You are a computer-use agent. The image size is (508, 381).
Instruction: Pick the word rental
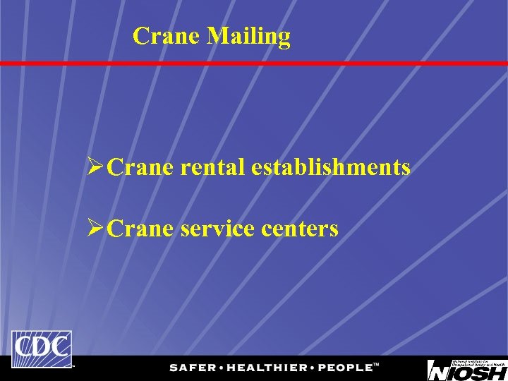coord(212,167)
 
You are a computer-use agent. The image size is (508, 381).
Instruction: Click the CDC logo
coord(42,349)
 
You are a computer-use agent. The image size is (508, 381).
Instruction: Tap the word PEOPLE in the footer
coord(344,368)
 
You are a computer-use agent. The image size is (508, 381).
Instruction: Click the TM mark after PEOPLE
coord(376,365)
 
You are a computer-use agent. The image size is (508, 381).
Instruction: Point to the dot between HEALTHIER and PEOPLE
coord(313,368)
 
